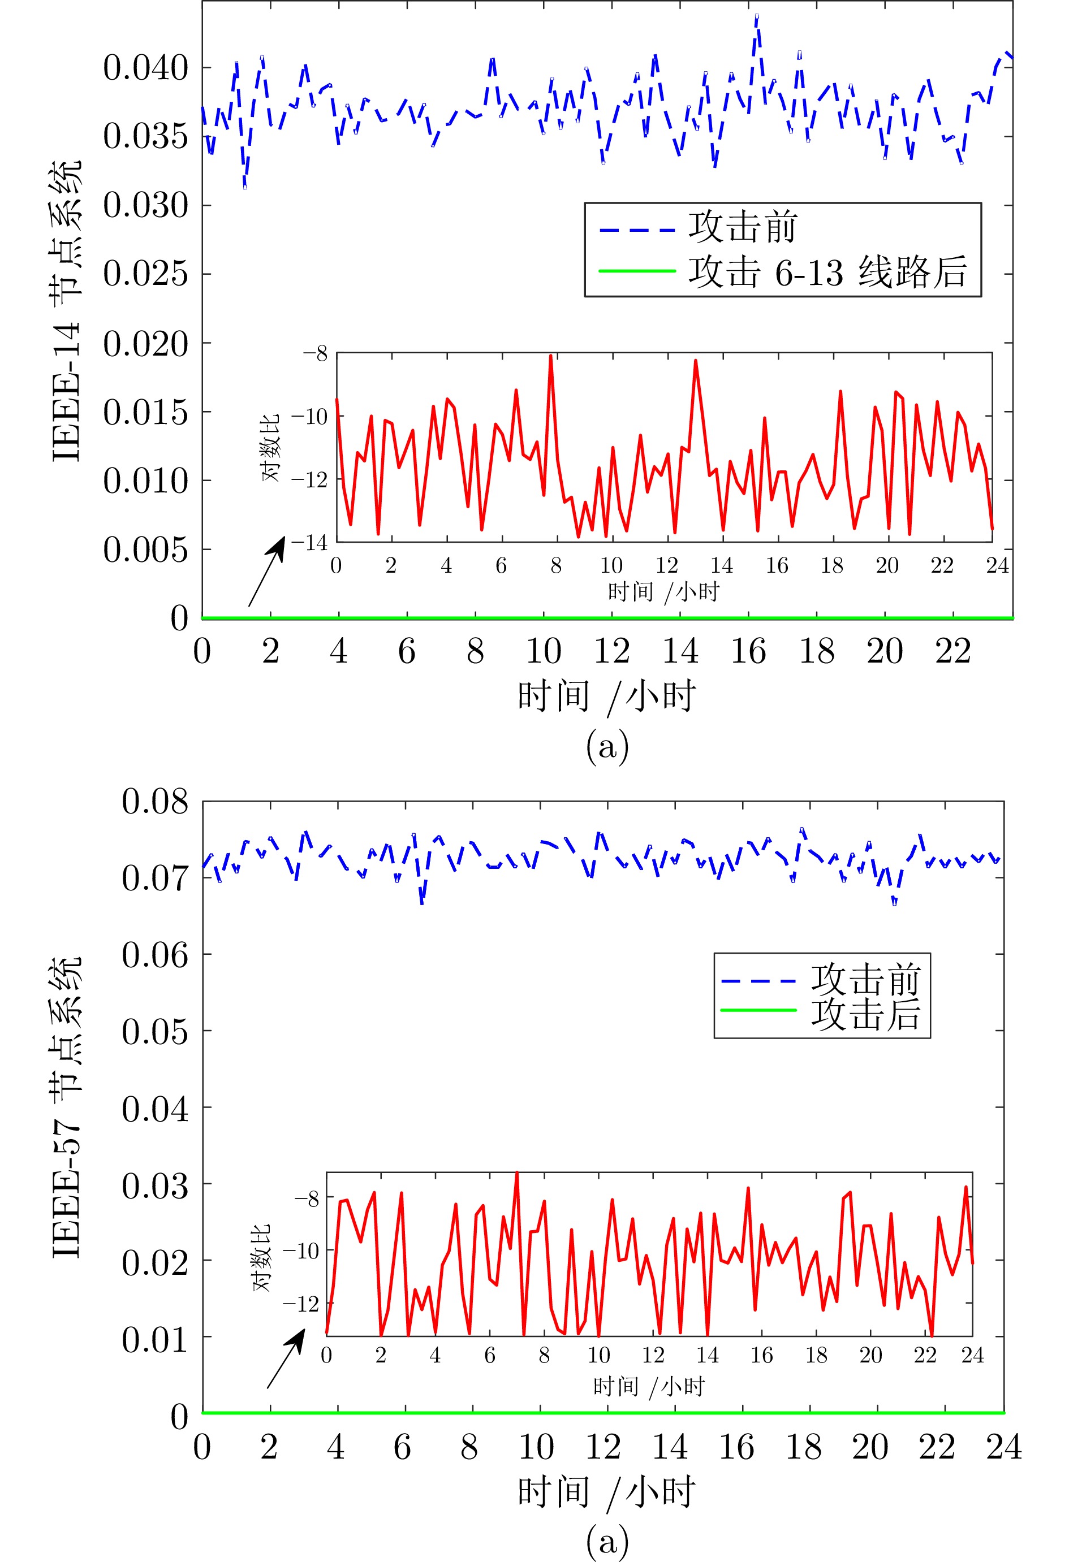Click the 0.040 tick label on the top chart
145,68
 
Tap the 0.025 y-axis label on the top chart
145,274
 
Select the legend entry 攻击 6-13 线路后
827,272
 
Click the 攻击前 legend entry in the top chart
742,227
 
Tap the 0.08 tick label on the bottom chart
154,801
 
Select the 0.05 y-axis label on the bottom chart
154,1031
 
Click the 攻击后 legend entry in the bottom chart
865,1015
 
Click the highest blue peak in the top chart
756,16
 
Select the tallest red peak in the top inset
551,356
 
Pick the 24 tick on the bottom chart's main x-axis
1003,1447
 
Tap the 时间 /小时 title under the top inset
663,591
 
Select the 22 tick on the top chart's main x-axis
952,651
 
